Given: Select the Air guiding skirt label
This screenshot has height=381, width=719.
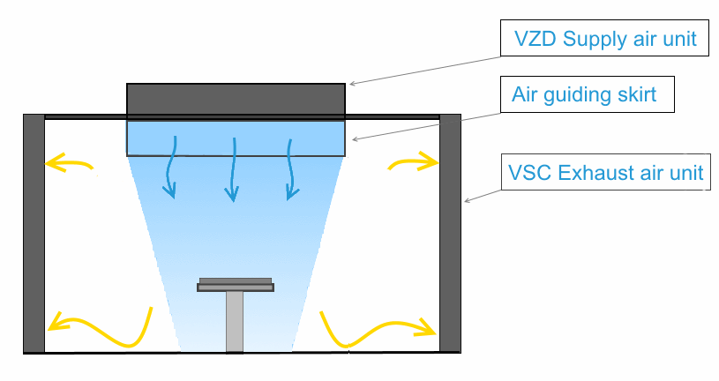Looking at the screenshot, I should (x=588, y=93).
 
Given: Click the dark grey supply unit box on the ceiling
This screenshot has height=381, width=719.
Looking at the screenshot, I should (x=236, y=101).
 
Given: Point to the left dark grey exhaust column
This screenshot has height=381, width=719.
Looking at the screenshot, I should (x=34, y=233).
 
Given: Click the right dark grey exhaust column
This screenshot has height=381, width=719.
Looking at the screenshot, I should (x=450, y=233).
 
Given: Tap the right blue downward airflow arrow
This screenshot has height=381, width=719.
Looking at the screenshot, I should (x=289, y=167).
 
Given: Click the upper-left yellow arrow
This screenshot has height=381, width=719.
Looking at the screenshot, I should (x=68, y=162).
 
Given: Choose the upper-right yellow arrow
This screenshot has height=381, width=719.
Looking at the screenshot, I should (x=414, y=161).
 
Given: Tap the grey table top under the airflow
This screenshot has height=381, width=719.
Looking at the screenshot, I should (x=236, y=285).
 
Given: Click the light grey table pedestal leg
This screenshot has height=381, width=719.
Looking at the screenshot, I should (x=235, y=321).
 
